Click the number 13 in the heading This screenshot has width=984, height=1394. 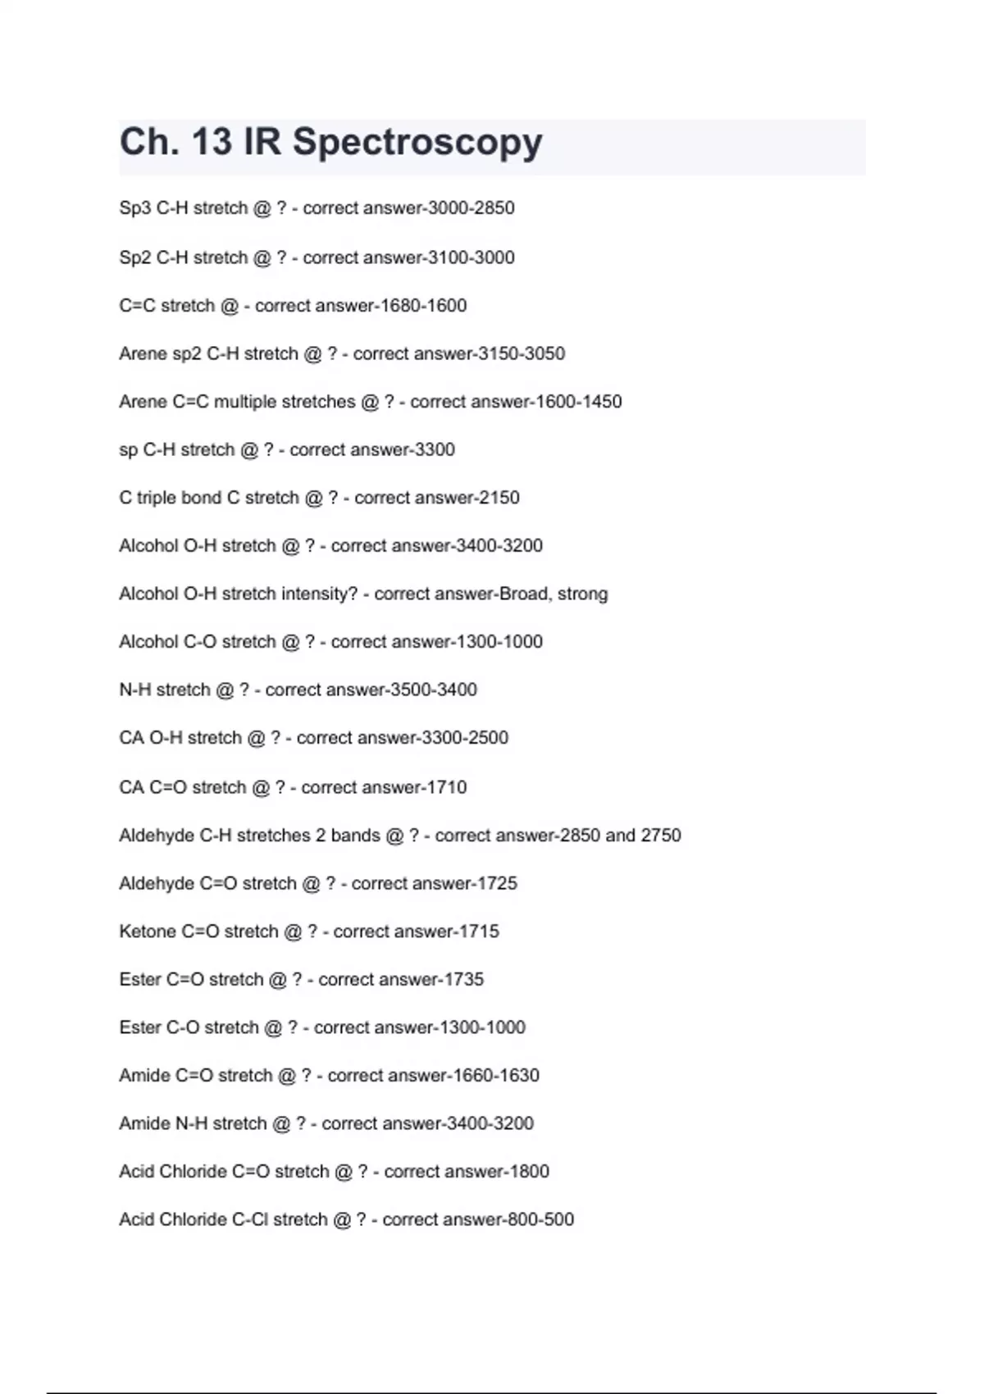point(212,141)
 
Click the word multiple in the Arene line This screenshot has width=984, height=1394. point(244,402)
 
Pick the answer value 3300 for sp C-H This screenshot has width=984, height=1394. point(432,450)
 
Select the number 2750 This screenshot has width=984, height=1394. point(661,836)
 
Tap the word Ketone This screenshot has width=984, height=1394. point(148,932)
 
